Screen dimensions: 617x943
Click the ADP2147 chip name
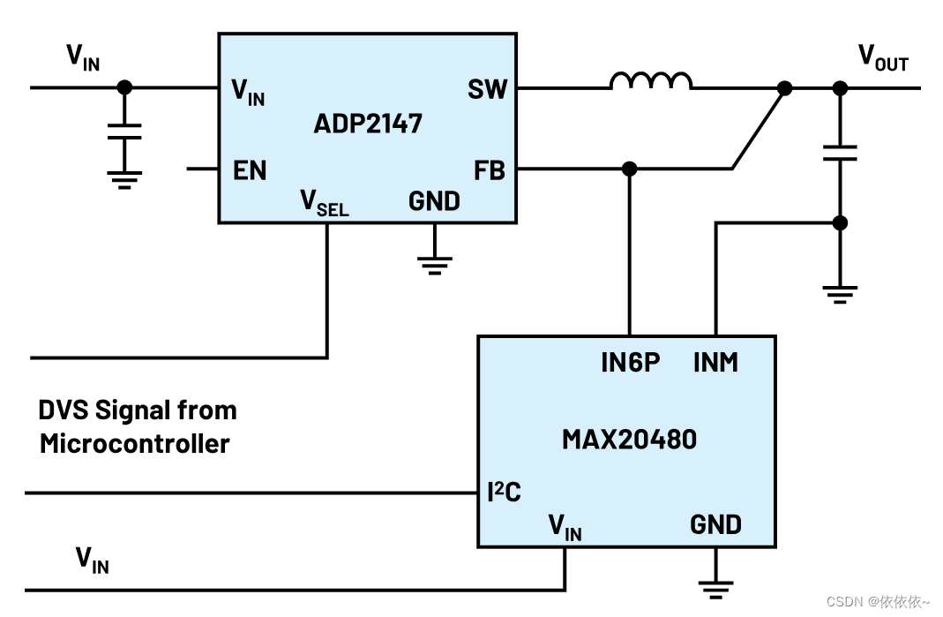click(x=368, y=123)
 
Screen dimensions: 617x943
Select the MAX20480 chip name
click(x=629, y=439)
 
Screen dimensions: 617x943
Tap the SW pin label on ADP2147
click(x=488, y=89)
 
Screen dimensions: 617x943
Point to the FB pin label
click(x=490, y=169)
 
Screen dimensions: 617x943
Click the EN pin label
click(x=250, y=170)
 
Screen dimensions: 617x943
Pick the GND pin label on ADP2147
click(x=434, y=201)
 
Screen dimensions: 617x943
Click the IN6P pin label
click(x=630, y=362)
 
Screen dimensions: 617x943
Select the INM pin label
click(x=715, y=362)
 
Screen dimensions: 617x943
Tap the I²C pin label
click(x=504, y=492)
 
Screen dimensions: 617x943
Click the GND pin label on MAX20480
click(x=715, y=524)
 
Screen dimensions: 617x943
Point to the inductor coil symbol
click(x=651, y=81)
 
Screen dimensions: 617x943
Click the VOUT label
click(x=883, y=58)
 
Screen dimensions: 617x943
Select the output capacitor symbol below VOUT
click(x=840, y=153)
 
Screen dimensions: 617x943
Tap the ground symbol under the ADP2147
click(x=434, y=264)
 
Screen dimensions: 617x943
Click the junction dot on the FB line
click(x=629, y=168)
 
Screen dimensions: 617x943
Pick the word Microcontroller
click(x=134, y=443)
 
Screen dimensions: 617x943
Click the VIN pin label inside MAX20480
click(x=565, y=527)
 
